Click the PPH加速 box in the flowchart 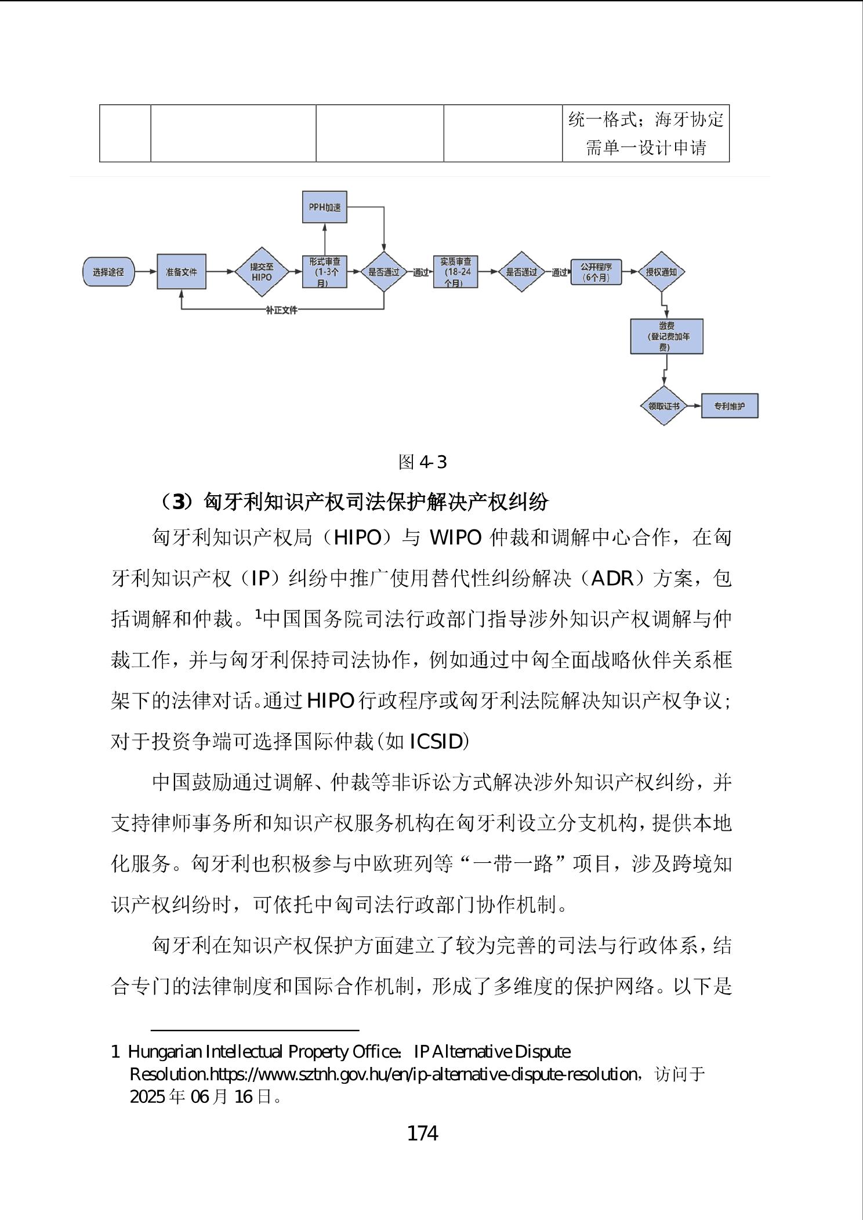coord(325,207)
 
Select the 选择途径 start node coord(108,271)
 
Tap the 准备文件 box coord(182,271)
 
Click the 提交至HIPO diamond coord(261,271)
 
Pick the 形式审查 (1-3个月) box coord(325,271)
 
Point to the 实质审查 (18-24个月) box coord(456,271)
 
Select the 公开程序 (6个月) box coord(596,271)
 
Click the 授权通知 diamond coord(661,271)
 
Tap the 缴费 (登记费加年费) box coord(666,336)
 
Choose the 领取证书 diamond coord(663,406)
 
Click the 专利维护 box coord(730,406)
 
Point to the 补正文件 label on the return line coord(281,310)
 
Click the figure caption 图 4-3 coord(422,462)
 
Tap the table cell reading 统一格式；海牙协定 coord(646,120)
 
